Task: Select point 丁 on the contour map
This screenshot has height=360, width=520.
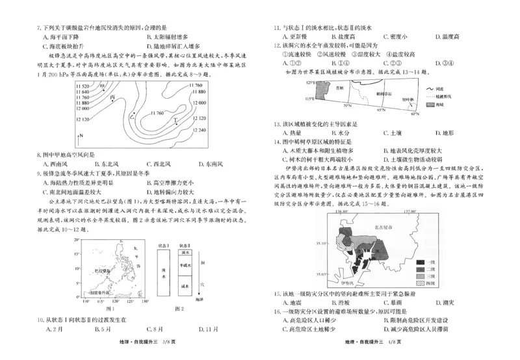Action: click(174, 121)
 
